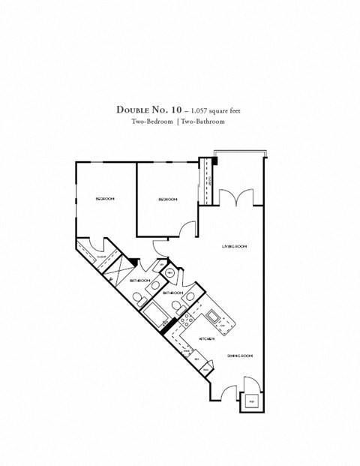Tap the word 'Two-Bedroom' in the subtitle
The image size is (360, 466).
coord(152,122)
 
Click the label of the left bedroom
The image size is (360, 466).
coord(105,199)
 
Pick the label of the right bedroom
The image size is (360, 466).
coord(167,199)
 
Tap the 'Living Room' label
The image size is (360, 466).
coord(234,246)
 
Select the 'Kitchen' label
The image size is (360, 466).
coord(207,339)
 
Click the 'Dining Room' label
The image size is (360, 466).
coord(238,355)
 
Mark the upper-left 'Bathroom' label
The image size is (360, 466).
coord(140,280)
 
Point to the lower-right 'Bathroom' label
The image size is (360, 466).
coord(174,292)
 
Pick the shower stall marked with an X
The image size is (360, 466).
coord(116,269)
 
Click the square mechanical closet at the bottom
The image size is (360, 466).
coord(250,401)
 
